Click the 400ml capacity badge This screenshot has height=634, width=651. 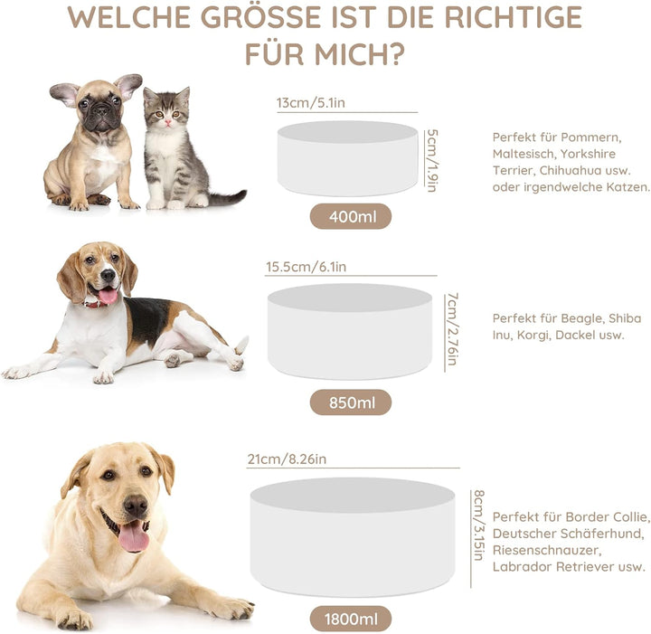click(351, 216)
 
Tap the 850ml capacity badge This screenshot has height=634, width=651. click(351, 402)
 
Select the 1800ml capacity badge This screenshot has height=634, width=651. click(351, 619)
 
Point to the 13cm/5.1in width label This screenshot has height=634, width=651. click(310, 103)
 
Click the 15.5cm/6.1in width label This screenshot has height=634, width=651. click(306, 267)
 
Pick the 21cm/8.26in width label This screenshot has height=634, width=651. click(287, 459)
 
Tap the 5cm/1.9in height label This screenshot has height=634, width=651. click(432, 160)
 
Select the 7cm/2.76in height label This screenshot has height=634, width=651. click(453, 329)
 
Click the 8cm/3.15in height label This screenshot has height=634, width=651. click(478, 525)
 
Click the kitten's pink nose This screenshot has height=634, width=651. click(168, 121)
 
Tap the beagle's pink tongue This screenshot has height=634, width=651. click(108, 296)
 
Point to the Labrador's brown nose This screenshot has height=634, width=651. click(136, 506)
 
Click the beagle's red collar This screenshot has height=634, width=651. click(97, 304)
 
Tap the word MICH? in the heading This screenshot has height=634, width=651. click(359, 54)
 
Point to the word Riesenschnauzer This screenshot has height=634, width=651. click(546, 550)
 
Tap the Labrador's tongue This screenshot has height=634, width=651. click(134, 536)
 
